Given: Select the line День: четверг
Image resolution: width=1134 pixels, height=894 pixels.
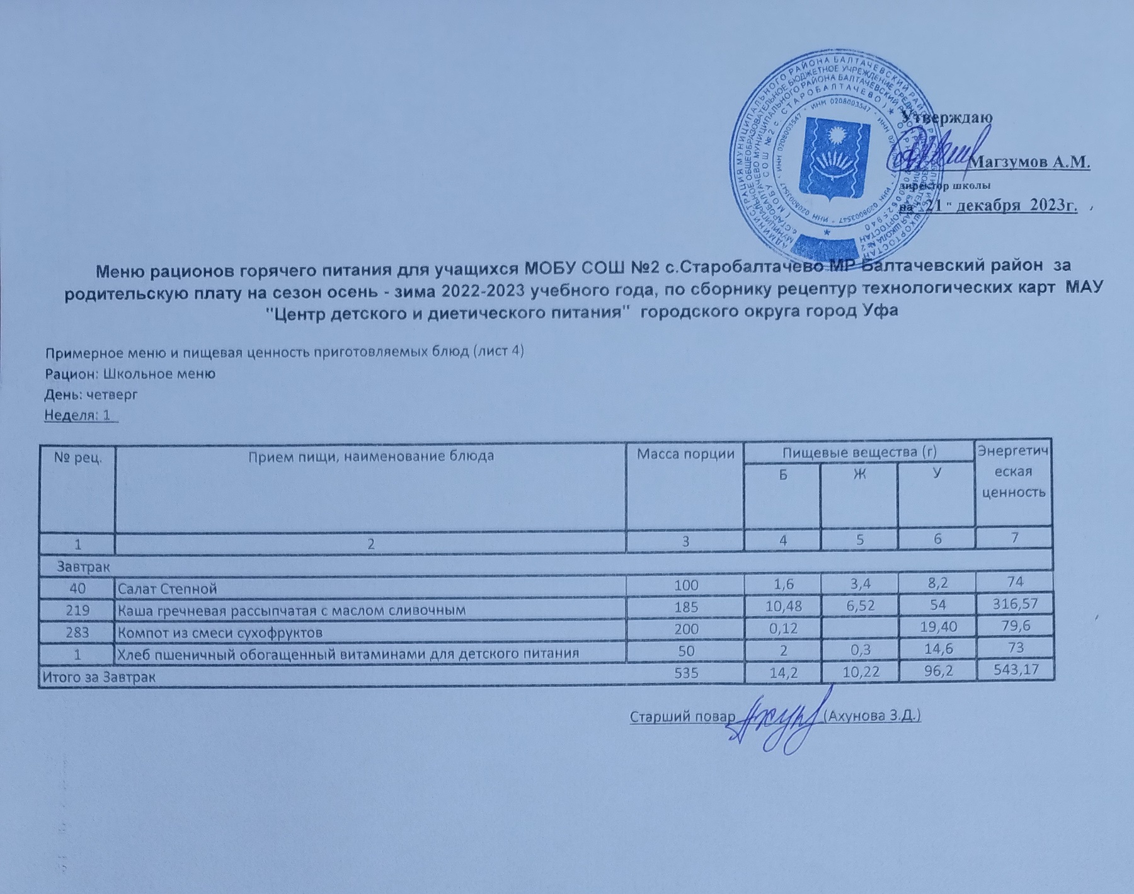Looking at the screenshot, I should pyautogui.click(x=90, y=394).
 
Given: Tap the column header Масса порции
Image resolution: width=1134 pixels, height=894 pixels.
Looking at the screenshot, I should pyautogui.click(x=685, y=454).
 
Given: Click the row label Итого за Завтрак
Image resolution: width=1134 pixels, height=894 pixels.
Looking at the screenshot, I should pyautogui.click(x=99, y=677).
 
